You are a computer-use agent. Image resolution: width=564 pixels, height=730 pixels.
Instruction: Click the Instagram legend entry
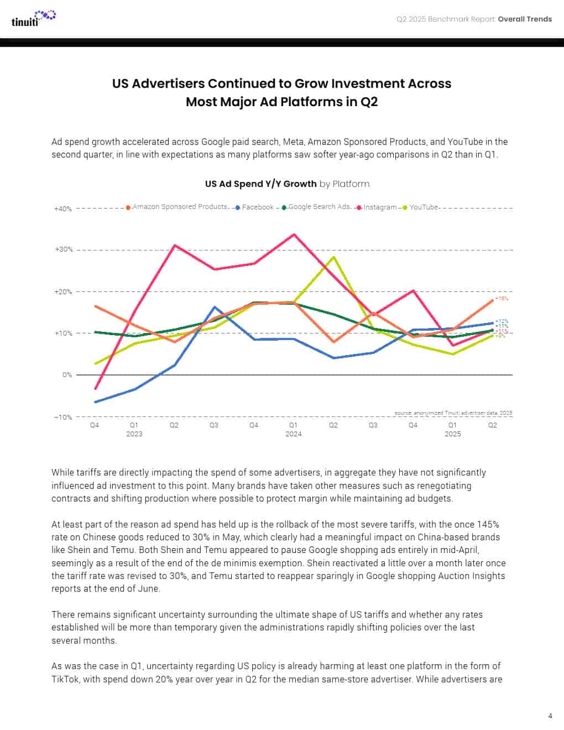[x=377, y=207]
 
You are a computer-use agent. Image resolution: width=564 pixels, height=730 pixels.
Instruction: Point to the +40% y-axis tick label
[x=63, y=209]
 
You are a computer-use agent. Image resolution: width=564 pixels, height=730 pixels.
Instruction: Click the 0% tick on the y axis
[x=67, y=375]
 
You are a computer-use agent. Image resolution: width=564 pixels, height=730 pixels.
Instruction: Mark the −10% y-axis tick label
[x=63, y=417]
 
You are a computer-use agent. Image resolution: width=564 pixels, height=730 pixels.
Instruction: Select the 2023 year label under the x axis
[x=134, y=434]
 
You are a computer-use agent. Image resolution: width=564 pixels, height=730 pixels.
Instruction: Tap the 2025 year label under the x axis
[x=453, y=434]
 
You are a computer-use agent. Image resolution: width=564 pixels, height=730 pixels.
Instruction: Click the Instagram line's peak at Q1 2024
[x=294, y=234]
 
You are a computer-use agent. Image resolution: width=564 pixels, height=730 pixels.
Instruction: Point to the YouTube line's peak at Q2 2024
[x=333, y=257]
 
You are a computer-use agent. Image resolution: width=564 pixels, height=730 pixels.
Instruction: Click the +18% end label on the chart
[x=502, y=299]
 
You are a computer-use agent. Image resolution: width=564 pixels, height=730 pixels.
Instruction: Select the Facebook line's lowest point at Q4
[x=95, y=402]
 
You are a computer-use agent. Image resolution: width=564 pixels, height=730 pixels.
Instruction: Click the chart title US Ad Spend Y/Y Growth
[x=261, y=184]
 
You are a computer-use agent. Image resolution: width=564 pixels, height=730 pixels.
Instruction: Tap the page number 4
[x=550, y=716]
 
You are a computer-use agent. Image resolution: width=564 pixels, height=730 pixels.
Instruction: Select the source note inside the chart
[x=453, y=413]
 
